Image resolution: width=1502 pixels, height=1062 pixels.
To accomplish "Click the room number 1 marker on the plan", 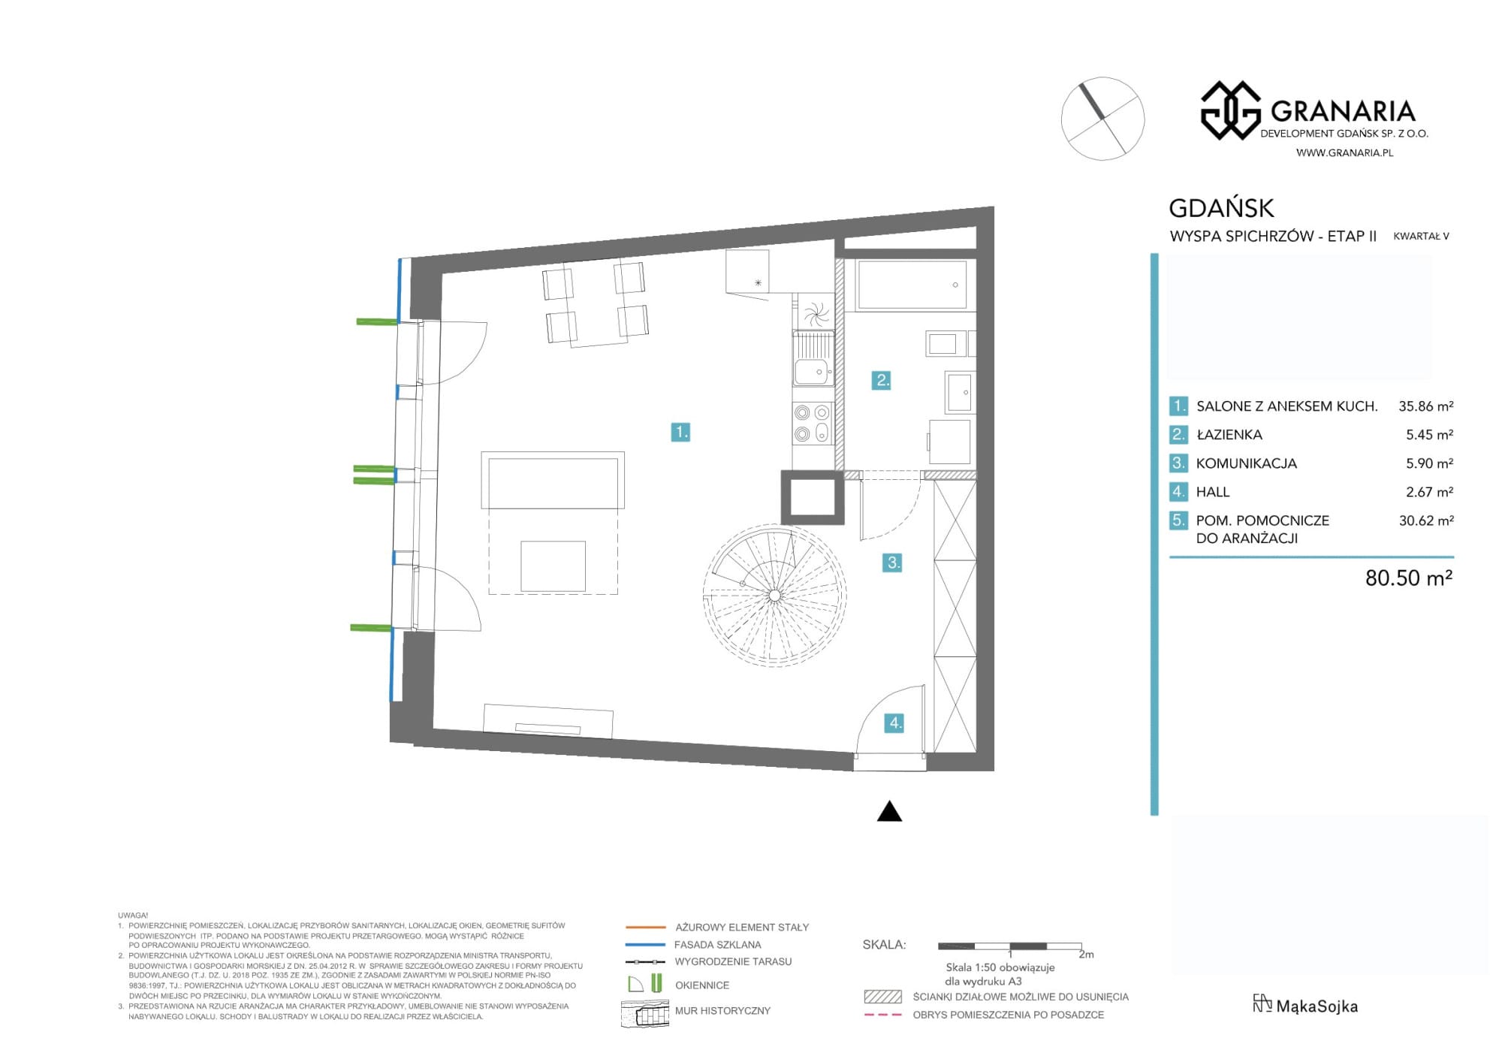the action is coord(680,432).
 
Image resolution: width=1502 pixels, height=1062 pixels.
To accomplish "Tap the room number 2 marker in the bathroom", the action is coord(881,380).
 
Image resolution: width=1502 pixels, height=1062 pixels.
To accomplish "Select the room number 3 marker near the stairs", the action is coord(892,563).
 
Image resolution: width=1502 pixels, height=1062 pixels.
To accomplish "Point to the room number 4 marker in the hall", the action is coord(894,723).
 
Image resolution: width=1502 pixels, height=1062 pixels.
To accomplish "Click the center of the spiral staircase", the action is coord(774,596).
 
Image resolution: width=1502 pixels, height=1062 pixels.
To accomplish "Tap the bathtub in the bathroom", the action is coord(912,285).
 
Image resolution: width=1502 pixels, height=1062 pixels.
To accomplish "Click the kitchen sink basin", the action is coord(812,371).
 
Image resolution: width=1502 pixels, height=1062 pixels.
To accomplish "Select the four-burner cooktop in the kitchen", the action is coord(813,423).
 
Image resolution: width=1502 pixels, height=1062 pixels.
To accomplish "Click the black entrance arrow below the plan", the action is coord(889,811).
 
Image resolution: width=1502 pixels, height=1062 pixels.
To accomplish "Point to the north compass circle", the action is coord(1102,119).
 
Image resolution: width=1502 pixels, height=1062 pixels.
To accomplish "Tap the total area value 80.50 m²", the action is coord(1409,578).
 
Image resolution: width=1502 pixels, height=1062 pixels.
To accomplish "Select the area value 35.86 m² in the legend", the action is coord(1425,406).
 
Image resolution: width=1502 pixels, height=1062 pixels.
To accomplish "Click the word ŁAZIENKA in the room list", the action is coord(1229,435).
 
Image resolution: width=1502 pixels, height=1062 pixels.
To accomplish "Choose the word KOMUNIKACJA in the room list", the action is coord(1247,463).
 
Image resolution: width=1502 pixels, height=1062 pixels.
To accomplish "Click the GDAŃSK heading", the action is coord(1222,207).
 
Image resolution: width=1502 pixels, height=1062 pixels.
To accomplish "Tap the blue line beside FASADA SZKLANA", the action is coord(645,944).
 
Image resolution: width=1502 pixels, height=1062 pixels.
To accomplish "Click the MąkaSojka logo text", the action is coord(1317,1006).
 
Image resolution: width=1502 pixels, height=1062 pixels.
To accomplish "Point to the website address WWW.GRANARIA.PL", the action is coord(1344,152).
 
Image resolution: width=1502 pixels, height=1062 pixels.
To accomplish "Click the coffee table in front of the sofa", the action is coord(553,566).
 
